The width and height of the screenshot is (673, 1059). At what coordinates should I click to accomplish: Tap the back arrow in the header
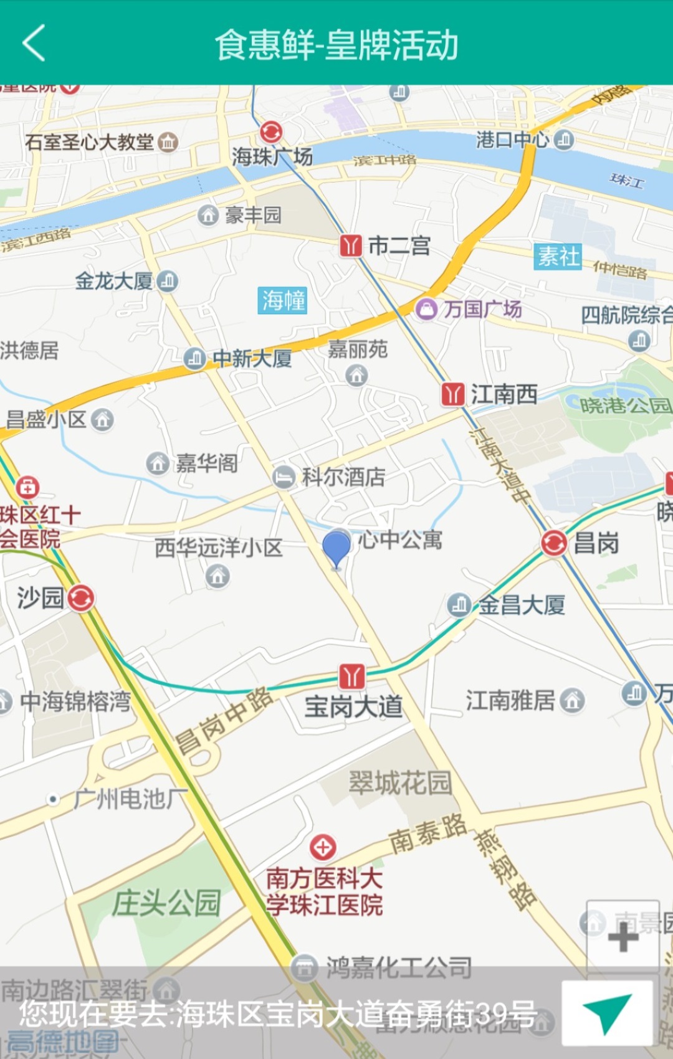(34, 43)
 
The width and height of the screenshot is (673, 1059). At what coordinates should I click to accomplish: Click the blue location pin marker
(336, 548)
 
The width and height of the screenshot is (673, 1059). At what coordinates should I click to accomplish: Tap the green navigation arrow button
(607, 1013)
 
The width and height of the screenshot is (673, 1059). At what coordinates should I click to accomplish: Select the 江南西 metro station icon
(453, 394)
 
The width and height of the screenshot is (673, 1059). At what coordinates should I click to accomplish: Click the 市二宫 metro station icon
(351, 245)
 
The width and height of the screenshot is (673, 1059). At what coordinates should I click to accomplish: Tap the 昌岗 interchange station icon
(553, 543)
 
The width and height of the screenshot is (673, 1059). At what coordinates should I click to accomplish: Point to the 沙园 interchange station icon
(81, 598)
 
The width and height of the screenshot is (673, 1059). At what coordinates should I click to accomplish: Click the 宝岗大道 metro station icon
(352, 675)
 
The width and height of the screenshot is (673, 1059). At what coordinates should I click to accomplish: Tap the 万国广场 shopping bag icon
(426, 308)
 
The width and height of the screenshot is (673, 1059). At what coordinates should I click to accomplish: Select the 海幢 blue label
(284, 300)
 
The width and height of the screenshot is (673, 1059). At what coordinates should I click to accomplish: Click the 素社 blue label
(558, 256)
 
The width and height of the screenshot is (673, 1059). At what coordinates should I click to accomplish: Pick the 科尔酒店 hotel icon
(284, 477)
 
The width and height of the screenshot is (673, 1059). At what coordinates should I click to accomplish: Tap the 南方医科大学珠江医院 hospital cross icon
(323, 847)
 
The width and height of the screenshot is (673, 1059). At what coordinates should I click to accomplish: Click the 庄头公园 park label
(166, 903)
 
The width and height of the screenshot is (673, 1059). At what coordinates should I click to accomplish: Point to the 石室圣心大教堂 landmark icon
(168, 142)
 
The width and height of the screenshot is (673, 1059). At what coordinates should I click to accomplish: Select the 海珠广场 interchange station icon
(271, 132)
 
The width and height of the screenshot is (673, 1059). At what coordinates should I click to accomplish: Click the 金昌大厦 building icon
(459, 604)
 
